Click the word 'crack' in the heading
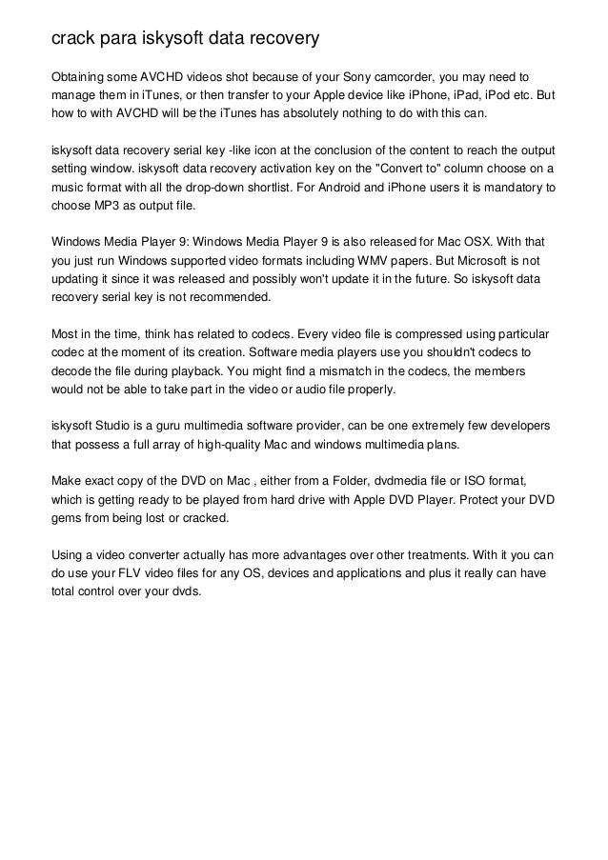tap(74, 39)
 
